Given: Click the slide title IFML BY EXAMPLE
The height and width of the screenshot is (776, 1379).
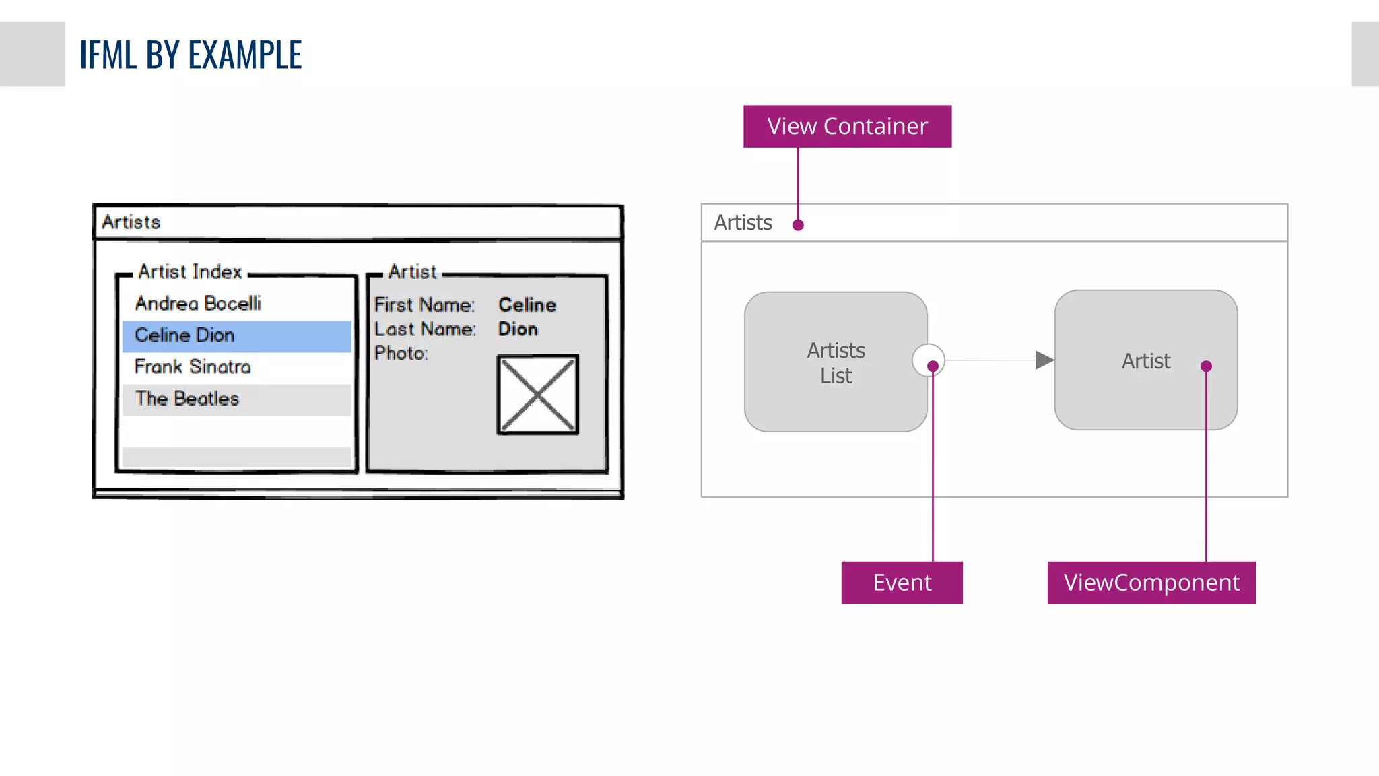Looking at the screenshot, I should coord(191,55).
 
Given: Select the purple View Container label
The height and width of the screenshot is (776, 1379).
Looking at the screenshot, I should coord(847,126).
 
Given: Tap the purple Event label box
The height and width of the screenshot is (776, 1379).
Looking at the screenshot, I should coord(902,582).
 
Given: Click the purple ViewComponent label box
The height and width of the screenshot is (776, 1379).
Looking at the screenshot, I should coord(1151,582).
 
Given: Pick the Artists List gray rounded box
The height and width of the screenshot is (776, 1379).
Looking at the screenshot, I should coord(835,362).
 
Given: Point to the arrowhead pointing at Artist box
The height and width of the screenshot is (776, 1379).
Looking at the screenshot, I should coord(1044,360).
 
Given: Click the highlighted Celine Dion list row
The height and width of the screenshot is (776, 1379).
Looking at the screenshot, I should coord(236,335).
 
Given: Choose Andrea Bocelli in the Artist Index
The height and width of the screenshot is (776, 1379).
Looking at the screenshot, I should coord(198,303).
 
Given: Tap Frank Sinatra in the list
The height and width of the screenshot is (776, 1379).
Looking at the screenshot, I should coord(193,366).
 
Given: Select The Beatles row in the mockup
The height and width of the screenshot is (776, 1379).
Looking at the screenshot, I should coord(187,399).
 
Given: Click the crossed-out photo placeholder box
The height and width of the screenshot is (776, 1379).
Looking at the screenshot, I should coord(537,395).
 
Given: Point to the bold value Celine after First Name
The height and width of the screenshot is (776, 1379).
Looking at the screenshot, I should coord(527,304).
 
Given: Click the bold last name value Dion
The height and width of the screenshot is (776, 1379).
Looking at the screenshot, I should coord(518,329).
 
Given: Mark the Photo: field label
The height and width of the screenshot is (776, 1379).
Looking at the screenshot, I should coord(401,353).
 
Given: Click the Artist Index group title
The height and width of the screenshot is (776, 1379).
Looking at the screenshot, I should coord(190,271).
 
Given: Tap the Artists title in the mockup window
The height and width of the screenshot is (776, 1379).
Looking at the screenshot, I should coord(131,222).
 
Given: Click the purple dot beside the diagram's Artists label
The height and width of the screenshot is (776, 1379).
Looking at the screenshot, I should coord(798,225).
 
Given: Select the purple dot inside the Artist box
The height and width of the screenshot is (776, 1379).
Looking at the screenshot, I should coord(1206,366).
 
